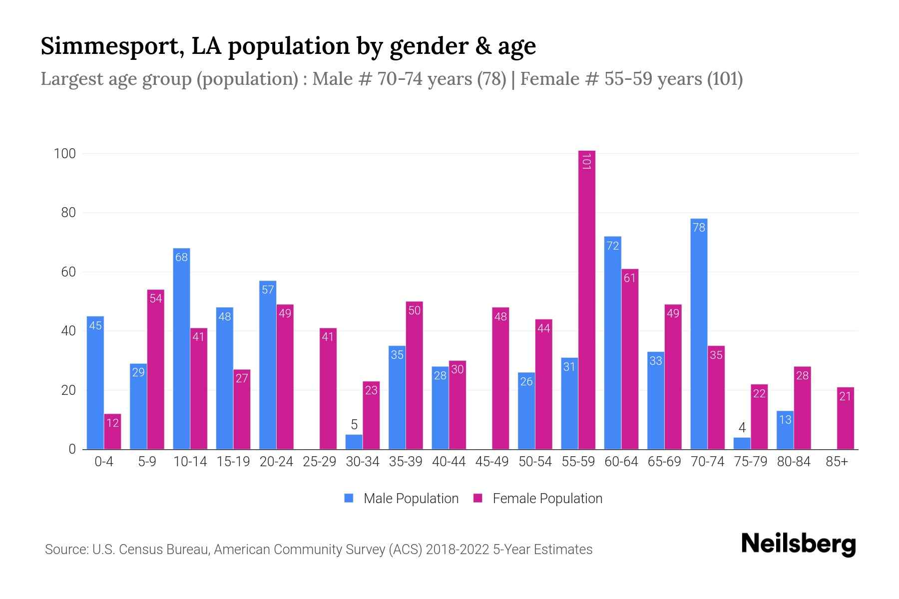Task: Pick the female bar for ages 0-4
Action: coord(112,432)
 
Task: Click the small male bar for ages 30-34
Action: coord(354,442)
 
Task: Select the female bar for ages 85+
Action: coord(845,419)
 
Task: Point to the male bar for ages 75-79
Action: coord(742,444)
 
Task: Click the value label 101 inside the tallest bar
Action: coord(586,162)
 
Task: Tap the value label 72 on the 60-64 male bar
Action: coord(612,246)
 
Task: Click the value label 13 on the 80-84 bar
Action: coord(785,419)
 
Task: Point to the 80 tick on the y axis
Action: coord(68,213)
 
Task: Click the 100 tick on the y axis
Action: coord(65,154)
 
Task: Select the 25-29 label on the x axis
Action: coord(319,462)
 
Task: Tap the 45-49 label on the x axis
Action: coord(492,462)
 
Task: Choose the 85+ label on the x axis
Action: coord(837,462)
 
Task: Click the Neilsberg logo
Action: coord(798,544)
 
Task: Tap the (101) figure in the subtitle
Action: coord(725,79)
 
